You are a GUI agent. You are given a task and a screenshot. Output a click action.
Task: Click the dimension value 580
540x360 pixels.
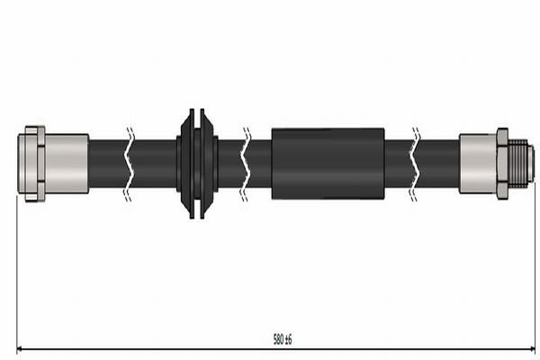coord(278,339)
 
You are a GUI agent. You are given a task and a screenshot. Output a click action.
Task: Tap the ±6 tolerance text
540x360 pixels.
coord(289,339)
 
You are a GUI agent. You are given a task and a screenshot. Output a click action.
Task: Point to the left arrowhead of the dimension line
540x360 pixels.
coord(21,348)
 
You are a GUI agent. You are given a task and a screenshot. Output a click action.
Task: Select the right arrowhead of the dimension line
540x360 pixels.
coord(532,348)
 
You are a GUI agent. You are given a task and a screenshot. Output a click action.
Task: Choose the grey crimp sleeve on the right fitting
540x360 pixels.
coord(477,163)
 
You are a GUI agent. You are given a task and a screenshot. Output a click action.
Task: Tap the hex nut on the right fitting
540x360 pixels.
coord(502,163)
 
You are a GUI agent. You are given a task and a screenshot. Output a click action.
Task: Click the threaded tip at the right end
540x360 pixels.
coord(521,163)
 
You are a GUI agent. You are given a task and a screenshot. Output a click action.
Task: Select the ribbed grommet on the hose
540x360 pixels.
coord(197,163)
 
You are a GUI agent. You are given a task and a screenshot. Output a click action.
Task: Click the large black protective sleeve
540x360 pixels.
coord(328,163)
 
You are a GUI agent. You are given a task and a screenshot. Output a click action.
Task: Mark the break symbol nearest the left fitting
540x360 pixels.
coord(130,163)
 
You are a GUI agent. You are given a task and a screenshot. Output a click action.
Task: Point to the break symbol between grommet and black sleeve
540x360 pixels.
coord(246,163)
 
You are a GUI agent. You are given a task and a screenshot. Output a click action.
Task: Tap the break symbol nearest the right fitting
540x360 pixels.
coord(416,163)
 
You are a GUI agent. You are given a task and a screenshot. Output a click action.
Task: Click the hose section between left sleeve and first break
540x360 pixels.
coord(107,163)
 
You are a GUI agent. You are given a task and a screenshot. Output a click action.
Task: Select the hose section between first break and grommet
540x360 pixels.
coord(155,163)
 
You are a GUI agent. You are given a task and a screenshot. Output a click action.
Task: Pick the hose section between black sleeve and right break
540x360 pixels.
coord(398,163)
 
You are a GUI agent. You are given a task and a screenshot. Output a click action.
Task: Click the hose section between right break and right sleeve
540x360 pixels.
coord(439,163)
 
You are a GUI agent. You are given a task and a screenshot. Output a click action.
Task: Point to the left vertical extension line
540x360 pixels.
coord(17,270)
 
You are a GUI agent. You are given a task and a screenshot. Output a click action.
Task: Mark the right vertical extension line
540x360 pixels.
coord(535,270)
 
